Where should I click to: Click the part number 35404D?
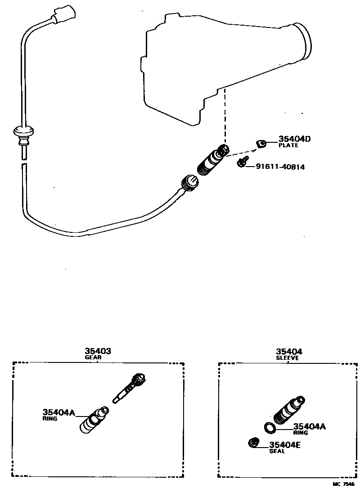(294, 139)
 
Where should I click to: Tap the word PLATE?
(288, 145)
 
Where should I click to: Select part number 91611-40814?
(280, 167)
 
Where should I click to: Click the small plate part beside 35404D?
(261, 144)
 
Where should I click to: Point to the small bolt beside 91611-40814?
(243, 161)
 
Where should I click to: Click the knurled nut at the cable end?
(189, 182)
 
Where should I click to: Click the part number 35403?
(98, 351)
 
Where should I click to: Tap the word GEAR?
(93, 358)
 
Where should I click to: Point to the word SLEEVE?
(287, 358)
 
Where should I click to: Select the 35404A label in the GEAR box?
(58, 412)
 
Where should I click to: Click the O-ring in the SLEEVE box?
(270, 427)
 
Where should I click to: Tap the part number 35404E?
(285, 445)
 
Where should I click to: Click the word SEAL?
(277, 451)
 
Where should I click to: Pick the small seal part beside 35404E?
(254, 443)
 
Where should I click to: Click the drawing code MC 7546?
(344, 484)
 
